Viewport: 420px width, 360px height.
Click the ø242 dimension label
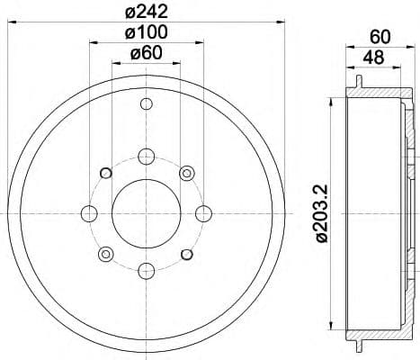(146, 13)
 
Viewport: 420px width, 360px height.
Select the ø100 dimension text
(146, 33)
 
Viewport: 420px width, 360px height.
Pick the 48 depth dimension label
(375, 58)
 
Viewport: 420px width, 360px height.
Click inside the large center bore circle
(146, 213)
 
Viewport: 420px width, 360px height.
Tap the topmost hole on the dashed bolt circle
(146, 156)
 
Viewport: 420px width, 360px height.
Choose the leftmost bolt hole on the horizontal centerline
(89, 213)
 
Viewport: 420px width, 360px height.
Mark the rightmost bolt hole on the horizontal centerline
(203, 213)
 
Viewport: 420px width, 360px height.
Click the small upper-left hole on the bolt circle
(105, 173)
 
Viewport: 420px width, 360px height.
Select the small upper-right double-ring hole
(186, 173)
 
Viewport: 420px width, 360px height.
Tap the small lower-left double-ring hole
(105, 254)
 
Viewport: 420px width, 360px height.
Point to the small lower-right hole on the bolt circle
(186, 254)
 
